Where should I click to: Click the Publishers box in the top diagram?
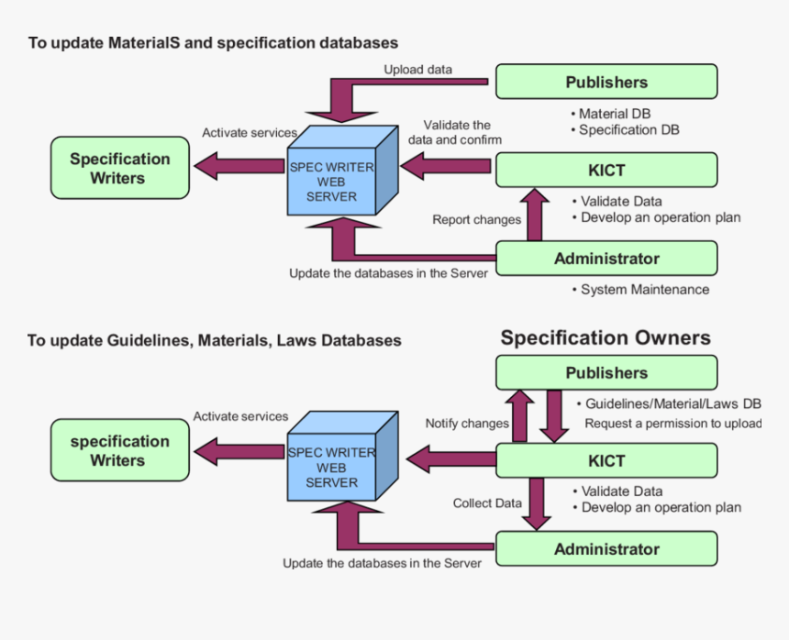pyautogui.click(x=606, y=82)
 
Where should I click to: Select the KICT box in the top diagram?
pyautogui.click(x=606, y=171)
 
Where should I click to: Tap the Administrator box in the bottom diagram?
pyautogui.click(x=606, y=549)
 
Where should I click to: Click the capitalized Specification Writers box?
pyautogui.click(x=120, y=169)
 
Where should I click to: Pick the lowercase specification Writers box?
pyautogui.click(x=120, y=451)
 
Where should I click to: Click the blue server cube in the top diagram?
pyautogui.click(x=338, y=178)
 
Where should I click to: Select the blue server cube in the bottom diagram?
pyautogui.click(x=338, y=464)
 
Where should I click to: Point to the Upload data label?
pyautogui.click(x=417, y=69)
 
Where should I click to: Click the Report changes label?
pyautogui.click(x=476, y=220)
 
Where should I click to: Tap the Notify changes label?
pyautogui.click(x=466, y=424)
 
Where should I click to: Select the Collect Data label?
pyautogui.click(x=487, y=503)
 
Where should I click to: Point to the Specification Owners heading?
pyautogui.click(x=606, y=338)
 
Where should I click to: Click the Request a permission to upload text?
pyautogui.click(x=673, y=424)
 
